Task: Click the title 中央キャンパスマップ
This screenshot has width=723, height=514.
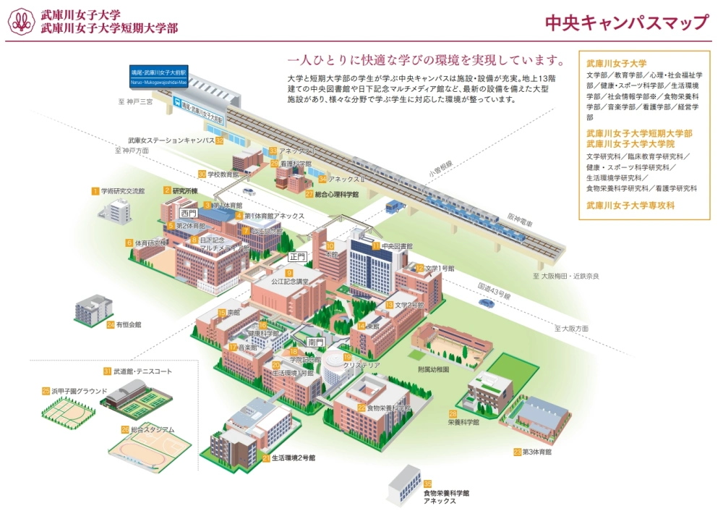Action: [627, 22]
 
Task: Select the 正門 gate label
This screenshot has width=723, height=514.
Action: [298, 256]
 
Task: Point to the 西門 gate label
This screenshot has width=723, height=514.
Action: [189, 214]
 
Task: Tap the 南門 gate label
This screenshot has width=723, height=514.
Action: [315, 342]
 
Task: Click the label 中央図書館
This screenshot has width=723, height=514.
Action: [396, 246]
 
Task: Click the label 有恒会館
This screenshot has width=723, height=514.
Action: [128, 324]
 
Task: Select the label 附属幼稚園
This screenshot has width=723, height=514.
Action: [434, 369]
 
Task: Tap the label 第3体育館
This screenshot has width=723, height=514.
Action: [536, 452]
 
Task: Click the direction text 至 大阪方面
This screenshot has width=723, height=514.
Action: [572, 329]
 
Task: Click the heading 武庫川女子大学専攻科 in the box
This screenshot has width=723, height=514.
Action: [630, 206]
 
